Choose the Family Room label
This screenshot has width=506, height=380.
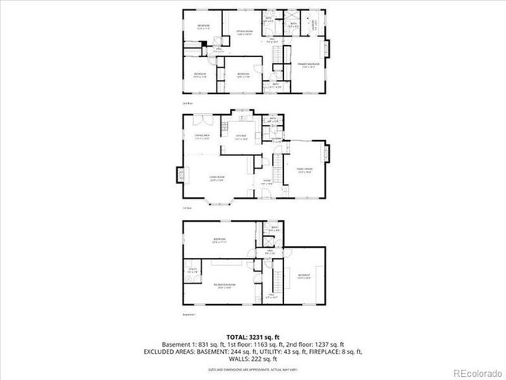click(x=304, y=169)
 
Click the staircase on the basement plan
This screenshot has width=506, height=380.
click(x=279, y=279)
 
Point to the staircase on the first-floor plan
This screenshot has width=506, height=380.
click(x=278, y=169)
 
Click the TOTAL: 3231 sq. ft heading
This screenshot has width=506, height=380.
click(x=252, y=336)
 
